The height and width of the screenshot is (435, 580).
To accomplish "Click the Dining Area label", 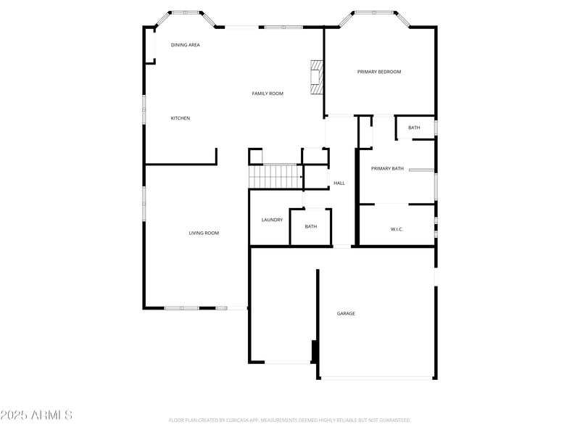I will click(185, 45).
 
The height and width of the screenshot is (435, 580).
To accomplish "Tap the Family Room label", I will click(268, 94).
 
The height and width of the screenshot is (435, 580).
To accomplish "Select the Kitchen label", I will click(181, 118).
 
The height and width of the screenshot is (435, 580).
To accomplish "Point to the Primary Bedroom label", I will click(379, 72).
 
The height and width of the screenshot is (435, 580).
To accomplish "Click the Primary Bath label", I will click(387, 169).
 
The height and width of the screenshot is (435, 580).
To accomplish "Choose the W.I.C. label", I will click(397, 230).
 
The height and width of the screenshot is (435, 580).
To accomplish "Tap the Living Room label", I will click(204, 233).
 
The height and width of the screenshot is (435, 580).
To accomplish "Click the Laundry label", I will click(272, 220).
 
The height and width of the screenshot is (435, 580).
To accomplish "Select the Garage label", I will click(346, 314).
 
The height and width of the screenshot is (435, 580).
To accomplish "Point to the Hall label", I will click(339, 183).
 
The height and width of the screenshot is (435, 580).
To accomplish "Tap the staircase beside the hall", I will click(275, 176).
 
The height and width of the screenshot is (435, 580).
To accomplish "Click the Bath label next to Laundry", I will click(311, 227).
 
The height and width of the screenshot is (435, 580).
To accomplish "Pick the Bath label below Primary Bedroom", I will click(414, 128).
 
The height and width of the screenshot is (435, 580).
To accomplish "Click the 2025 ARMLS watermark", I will click(36, 415).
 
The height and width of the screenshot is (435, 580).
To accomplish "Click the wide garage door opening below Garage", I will click(376, 378).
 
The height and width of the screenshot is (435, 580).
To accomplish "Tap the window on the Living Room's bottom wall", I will click(181, 308).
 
